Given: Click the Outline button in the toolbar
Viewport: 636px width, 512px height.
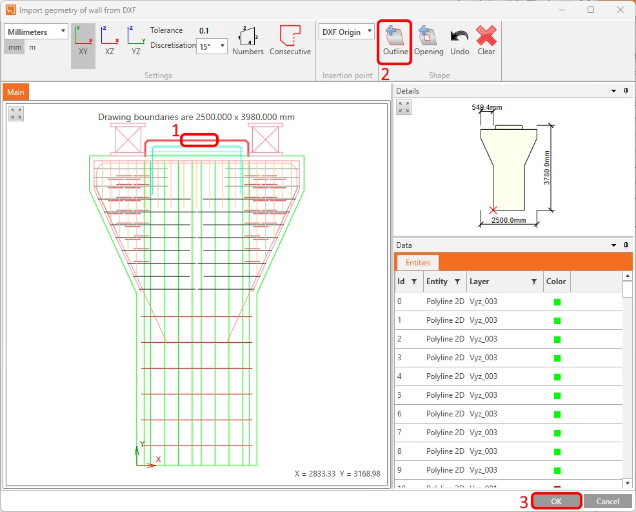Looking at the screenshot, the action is [395, 41].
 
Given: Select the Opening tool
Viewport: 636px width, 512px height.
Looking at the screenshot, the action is [428, 41].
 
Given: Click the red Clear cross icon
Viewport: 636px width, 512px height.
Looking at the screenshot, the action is [486, 36].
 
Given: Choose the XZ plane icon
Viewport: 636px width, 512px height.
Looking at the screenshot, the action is [110, 41].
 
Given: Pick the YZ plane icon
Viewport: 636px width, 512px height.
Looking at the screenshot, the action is [136, 41].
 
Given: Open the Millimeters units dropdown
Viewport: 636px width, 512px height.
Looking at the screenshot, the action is [35, 32].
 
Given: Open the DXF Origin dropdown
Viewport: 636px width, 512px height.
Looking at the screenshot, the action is [346, 32].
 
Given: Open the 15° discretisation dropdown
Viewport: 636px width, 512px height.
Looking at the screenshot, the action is [212, 46].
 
